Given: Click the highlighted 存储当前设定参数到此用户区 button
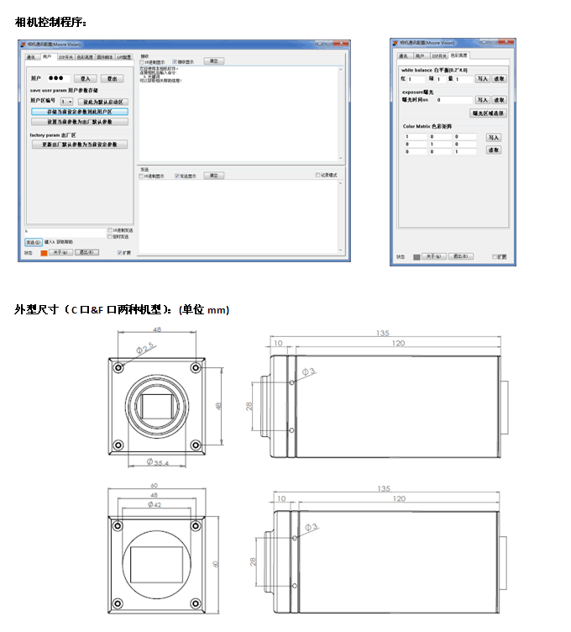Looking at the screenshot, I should click(80, 111).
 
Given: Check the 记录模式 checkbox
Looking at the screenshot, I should click(318, 175).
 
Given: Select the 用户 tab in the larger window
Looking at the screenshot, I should click(47, 57).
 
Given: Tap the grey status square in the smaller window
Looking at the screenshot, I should click(417, 256).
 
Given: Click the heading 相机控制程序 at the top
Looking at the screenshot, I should click(50, 21).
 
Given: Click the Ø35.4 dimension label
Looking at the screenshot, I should click(158, 463).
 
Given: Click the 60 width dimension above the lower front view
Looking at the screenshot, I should click(155, 487).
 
